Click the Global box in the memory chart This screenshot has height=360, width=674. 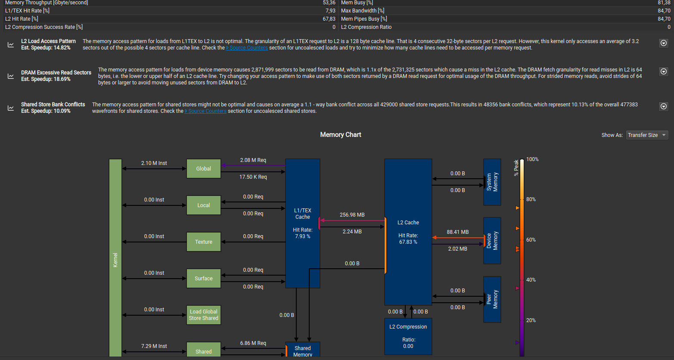203,169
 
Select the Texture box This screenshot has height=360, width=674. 203,242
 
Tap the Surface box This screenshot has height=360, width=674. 203,279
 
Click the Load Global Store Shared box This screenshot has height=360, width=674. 203,315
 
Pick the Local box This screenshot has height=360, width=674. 203,205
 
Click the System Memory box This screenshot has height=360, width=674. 492,182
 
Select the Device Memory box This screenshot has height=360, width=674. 492,241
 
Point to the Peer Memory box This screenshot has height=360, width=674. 492,300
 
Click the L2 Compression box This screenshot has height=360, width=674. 408,337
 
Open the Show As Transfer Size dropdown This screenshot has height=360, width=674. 647,135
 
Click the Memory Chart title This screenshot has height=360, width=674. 341,135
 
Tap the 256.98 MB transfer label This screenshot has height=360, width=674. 352,215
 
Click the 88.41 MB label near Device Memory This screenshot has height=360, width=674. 458,232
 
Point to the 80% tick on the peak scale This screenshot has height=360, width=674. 531,199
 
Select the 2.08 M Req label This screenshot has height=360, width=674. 253,160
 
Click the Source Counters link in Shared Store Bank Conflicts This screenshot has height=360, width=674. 205,111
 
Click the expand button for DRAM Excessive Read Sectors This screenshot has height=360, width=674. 664,71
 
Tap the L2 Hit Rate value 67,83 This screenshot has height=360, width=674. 329,19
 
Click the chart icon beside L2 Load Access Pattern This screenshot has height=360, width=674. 11,44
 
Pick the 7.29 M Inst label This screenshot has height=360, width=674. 154,346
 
